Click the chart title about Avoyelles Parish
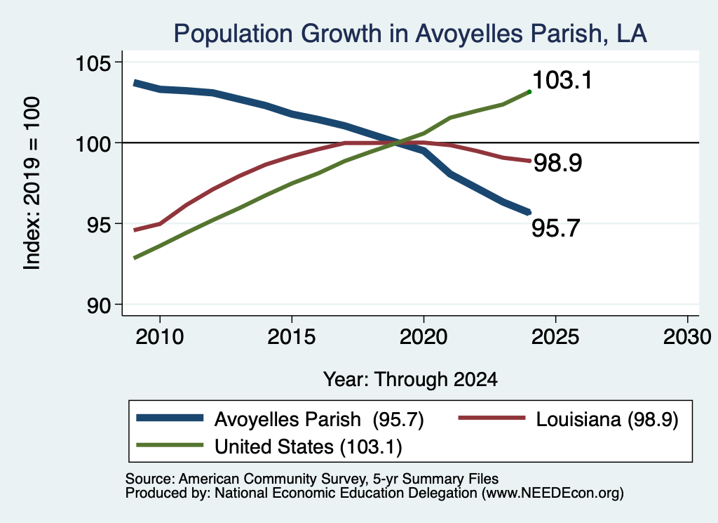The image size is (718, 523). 409,34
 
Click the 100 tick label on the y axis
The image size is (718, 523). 93,144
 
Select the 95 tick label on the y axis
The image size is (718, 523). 100,225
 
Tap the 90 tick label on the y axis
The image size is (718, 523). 100,306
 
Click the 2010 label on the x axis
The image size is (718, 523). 160,337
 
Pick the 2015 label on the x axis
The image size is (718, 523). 292,337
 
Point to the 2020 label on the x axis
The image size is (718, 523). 424,337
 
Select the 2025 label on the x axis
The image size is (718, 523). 555,337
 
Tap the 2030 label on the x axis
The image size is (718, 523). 687,337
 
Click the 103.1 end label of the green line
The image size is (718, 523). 562,80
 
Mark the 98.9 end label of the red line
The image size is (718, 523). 557,163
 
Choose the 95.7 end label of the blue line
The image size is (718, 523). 556,228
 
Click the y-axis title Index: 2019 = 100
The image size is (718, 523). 32,183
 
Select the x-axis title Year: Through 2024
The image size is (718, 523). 410,380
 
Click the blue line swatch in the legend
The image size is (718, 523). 170,418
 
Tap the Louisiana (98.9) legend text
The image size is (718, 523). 607,419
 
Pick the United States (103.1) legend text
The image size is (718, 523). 309,447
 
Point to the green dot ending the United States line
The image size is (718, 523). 529,92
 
